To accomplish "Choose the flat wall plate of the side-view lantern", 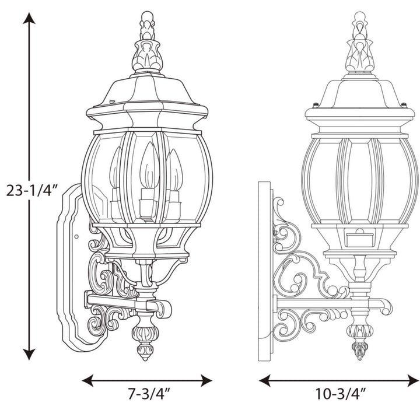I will pos(265,268).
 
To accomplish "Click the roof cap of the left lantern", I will pos(146,96).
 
